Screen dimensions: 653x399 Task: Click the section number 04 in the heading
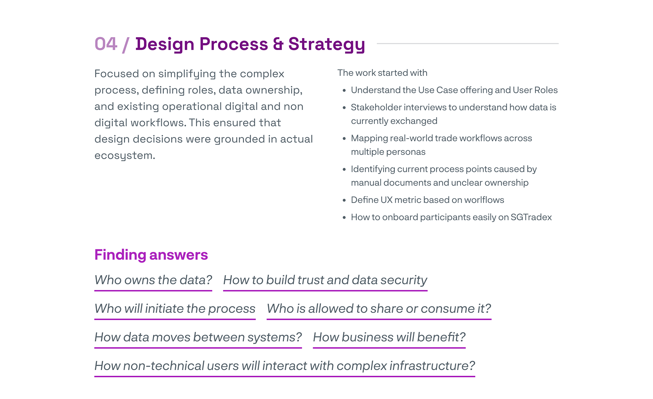[106, 44]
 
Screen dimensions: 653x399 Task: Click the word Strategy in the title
[326, 44]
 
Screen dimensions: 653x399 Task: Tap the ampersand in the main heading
[278, 44]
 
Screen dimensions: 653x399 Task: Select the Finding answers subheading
[151, 255]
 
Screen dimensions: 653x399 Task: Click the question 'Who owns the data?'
[153, 280]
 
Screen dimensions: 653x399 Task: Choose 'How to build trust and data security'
[325, 280]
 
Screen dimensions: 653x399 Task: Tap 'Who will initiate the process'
[175, 308]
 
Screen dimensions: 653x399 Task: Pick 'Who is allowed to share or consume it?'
[379, 308]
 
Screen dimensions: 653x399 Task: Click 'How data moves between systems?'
[198, 337]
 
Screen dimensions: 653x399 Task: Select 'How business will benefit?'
[389, 337]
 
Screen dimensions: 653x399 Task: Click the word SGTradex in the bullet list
[531, 217]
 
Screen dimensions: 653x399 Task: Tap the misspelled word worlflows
[484, 200]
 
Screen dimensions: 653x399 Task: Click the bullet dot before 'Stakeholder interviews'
[344, 108]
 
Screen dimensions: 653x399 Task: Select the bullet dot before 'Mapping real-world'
[344, 139]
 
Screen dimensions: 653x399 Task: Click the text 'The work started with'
[382, 73]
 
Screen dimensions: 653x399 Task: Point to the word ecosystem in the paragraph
[124, 156]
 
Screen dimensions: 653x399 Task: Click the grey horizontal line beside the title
[467, 44]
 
